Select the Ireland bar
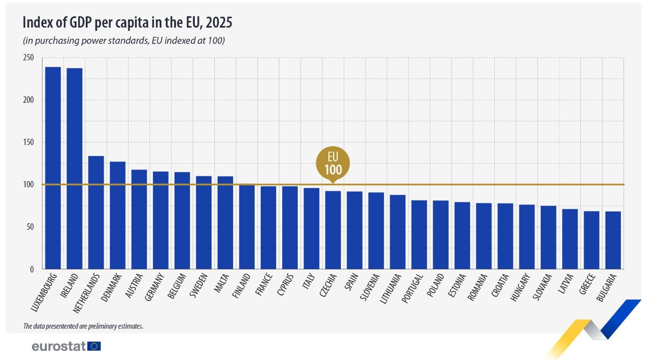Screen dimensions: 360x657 click(x=74, y=169)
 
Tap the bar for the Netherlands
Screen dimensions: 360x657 click(x=96, y=213)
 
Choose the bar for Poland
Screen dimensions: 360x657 click(x=441, y=235)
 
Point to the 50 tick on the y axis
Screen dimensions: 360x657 click(x=30, y=227)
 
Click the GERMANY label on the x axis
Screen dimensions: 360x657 click(x=155, y=287)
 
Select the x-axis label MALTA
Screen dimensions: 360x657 click(x=223, y=284)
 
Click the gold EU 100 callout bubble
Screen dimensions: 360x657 click(x=333, y=164)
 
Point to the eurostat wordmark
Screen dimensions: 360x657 click(x=59, y=346)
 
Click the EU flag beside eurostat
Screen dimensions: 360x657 click(x=94, y=346)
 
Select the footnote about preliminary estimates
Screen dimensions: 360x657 click(x=83, y=326)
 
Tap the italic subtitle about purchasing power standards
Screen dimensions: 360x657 click(x=124, y=41)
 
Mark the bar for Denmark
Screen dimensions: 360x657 click(x=117, y=215)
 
